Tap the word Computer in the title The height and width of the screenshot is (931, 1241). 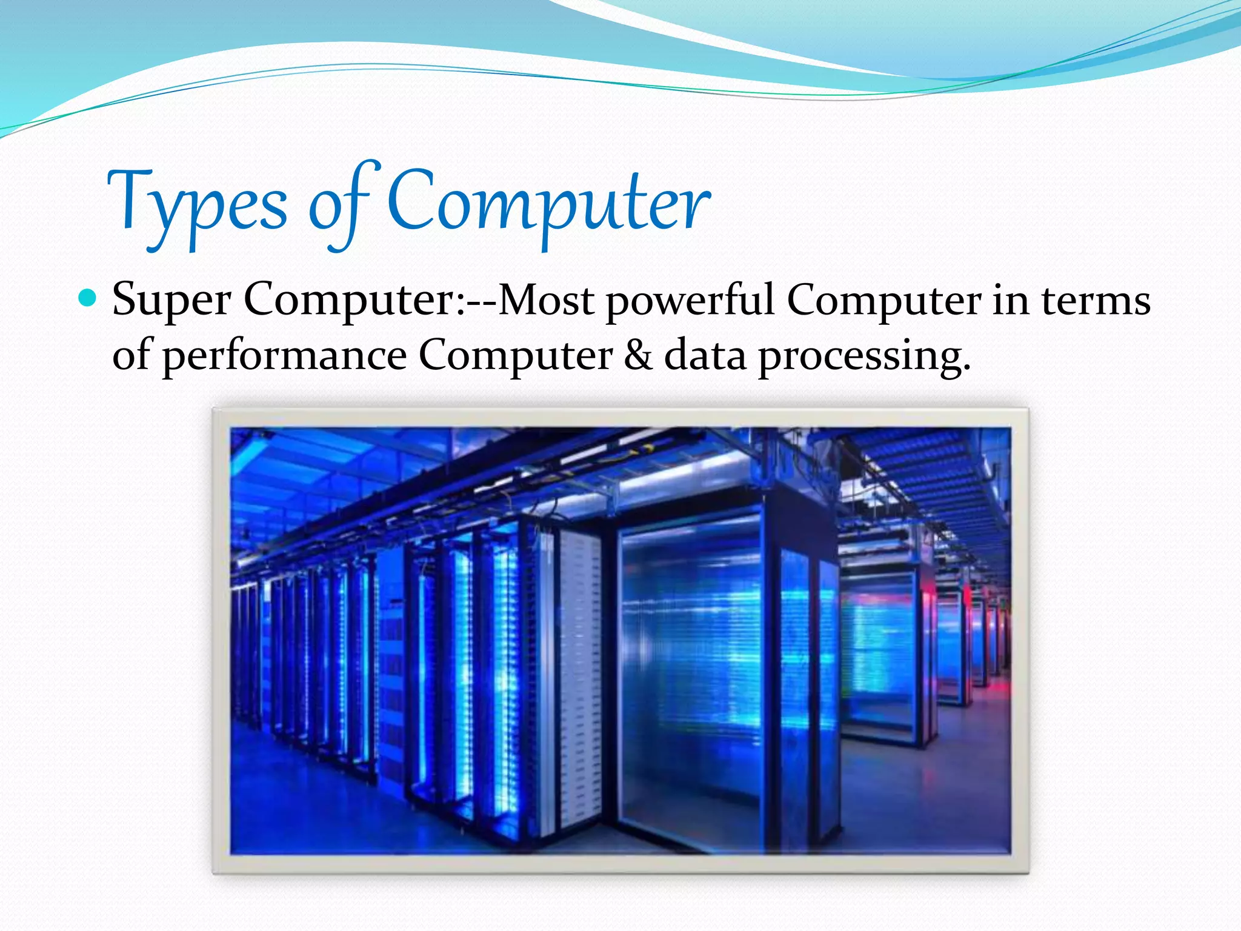click(x=548, y=203)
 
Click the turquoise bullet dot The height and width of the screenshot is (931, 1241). click(x=88, y=298)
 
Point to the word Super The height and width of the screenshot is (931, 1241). click(x=171, y=301)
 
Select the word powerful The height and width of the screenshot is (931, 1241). click(x=690, y=301)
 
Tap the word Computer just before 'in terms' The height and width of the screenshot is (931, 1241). click(x=883, y=301)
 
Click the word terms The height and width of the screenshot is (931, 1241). click(x=1096, y=301)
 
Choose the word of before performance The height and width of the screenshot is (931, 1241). click(x=131, y=354)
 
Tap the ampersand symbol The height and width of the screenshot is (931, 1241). click(x=638, y=355)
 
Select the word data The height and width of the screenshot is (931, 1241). click(x=705, y=355)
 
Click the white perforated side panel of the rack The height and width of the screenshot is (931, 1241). click(x=579, y=679)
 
